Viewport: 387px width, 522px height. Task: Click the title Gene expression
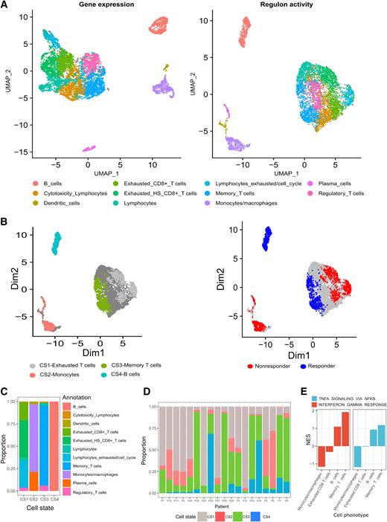pos(98,6)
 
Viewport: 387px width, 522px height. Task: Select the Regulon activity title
pos(284,6)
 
